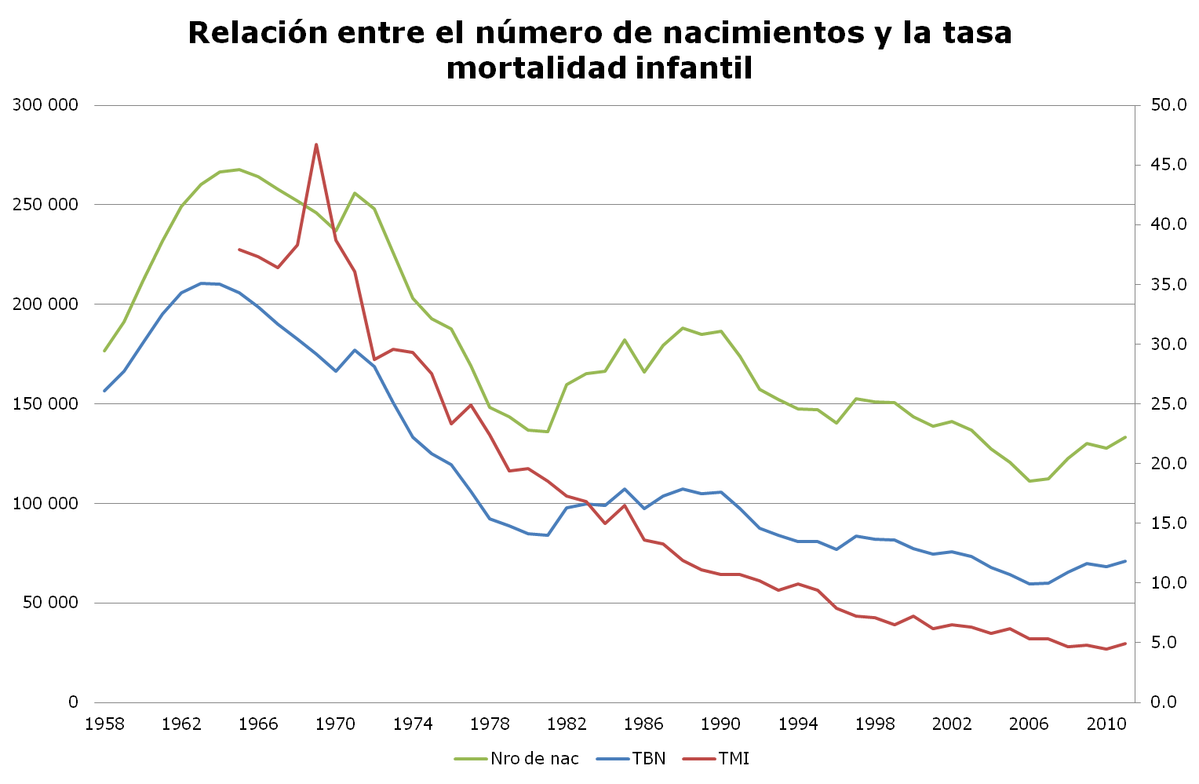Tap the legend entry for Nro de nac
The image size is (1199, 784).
pos(534,758)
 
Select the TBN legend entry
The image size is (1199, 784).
pos(648,758)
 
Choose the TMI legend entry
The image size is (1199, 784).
pos(733,758)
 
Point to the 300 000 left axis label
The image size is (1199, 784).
pos(46,105)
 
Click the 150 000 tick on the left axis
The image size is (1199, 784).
pos(46,404)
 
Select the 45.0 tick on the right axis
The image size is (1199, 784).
pos(1168,165)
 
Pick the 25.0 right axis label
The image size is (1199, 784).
pos(1168,404)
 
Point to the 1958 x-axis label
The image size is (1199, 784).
pos(104,724)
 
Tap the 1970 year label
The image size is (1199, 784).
pos(335,724)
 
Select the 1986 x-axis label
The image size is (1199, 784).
pos(643,724)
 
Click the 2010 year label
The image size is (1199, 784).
pos(1106,724)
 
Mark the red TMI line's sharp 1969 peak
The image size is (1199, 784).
pos(316,144)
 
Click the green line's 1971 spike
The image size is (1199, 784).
pos(355,193)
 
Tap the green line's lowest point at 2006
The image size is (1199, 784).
pos(1029,480)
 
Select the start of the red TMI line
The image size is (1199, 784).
pos(239,250)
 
